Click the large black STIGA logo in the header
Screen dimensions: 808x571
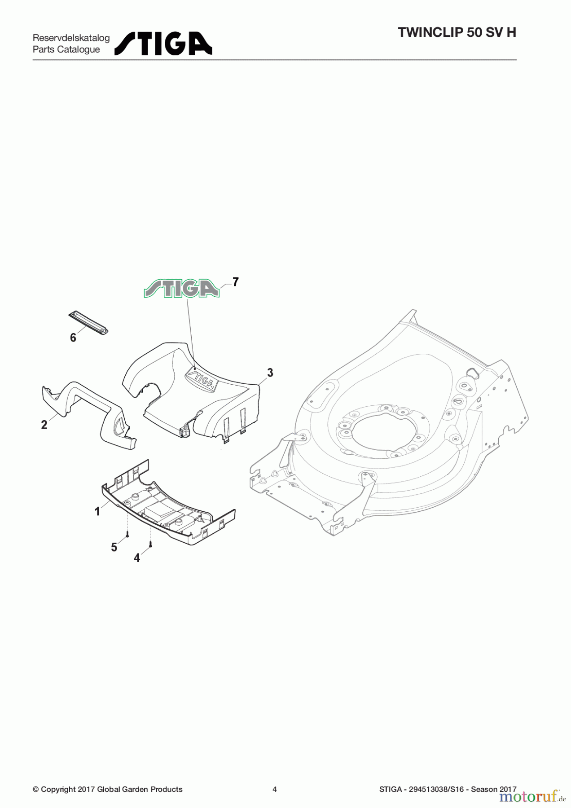point(163,44)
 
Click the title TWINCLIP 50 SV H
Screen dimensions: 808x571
point(457,32)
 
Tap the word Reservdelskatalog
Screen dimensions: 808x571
point(71,38)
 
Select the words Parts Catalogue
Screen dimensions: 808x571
point(66,49)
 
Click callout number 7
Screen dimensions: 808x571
point(235,282)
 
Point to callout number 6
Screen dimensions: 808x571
point(73,338)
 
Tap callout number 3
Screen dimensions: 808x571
point(270,373)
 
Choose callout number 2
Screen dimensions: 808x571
point(44,425)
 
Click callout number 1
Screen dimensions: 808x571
point(97,511)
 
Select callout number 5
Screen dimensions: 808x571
point(114,547)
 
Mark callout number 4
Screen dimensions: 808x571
point(137,558)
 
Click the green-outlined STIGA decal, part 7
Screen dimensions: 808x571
point(181,289)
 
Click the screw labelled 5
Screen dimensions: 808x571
point(127,535)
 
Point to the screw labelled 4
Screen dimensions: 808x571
point(151,545)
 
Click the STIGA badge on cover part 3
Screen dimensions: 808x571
point(202,380)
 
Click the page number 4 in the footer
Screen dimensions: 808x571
point(275,789)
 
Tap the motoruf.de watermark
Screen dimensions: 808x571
point(532,797)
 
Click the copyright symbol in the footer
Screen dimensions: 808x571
point(35,789)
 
